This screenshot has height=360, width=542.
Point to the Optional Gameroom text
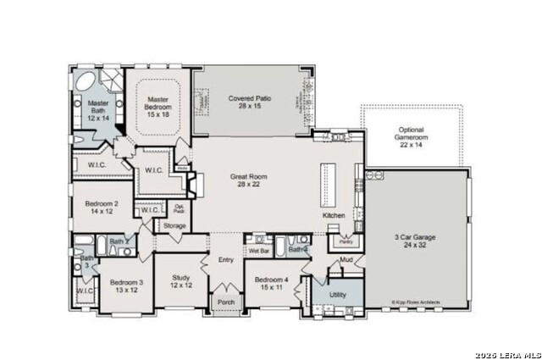tap(411, 137)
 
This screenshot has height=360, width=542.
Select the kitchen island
tap(328, 182)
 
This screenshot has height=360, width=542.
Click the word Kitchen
tap(334, 216)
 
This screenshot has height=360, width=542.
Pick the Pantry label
tap(346, 241)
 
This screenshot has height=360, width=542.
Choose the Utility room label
tap(338, 294)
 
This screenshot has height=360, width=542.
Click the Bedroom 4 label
tap(270, 284)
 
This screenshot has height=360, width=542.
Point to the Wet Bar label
tap(258, 251)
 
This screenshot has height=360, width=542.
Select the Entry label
tap(225, 260)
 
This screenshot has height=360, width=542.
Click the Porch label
tap(226, 302)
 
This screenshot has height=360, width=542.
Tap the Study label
tap(180, 281)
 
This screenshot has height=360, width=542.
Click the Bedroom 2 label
tap(101, 208)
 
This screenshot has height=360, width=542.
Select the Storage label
tap(174, 226)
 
